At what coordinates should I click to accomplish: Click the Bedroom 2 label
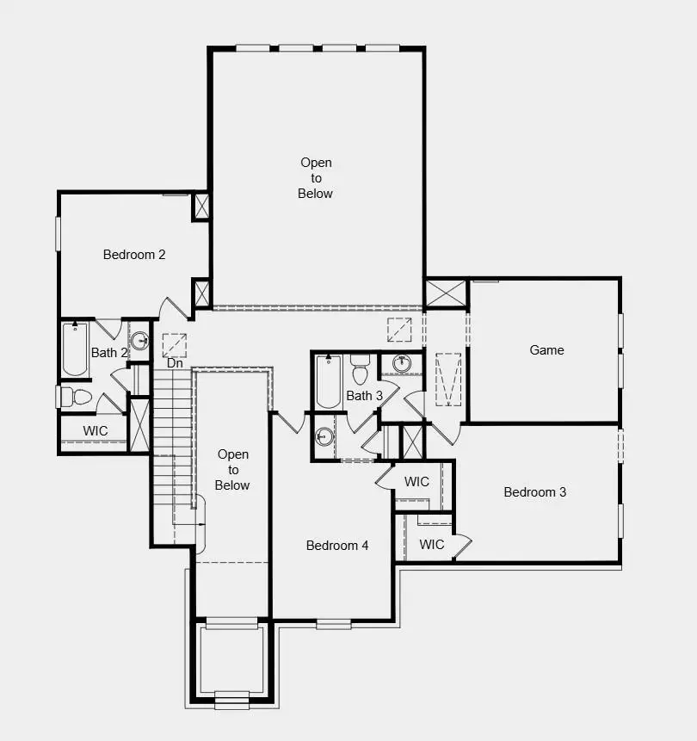tap(134, 255)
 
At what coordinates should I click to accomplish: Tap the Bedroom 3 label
tap(535, 492)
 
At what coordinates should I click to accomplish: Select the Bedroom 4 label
tap(337, 546)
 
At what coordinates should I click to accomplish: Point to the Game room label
tap(546, 350)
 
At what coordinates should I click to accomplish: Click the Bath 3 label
tap(365, 396)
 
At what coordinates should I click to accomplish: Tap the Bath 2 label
tap(109, 353)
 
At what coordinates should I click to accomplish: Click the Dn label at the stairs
tap(175, 363)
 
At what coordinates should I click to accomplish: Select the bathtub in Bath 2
tap(75, 349)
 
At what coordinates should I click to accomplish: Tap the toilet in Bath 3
tap(360, 371)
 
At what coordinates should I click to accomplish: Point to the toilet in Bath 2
tap(76, 397)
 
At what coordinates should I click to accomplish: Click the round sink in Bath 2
tap(139, 339)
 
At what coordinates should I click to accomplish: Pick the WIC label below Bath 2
tap(96, 430)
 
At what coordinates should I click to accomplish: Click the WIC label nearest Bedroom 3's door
tap(432, 544)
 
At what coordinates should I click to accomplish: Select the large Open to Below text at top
tap(316, 178)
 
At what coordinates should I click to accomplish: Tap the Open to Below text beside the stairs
tap(233, 470)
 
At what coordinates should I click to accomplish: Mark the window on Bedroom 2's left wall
tap(59, 233)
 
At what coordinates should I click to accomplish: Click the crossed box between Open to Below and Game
tap(446, 293)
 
